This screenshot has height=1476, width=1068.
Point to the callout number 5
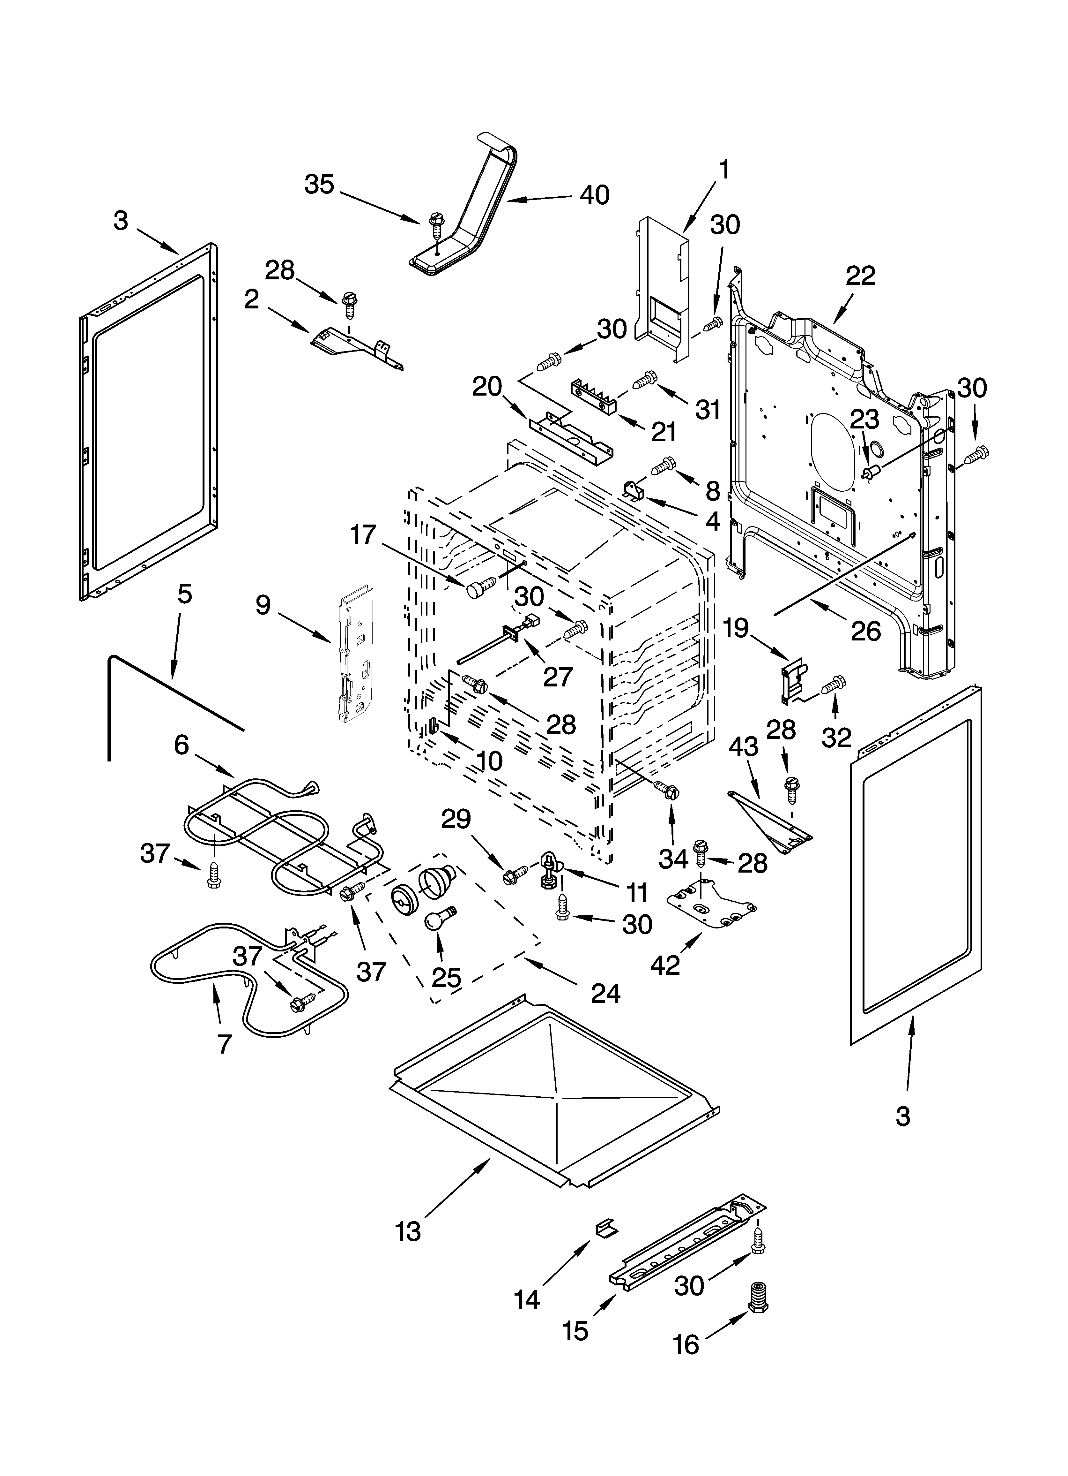185,594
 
